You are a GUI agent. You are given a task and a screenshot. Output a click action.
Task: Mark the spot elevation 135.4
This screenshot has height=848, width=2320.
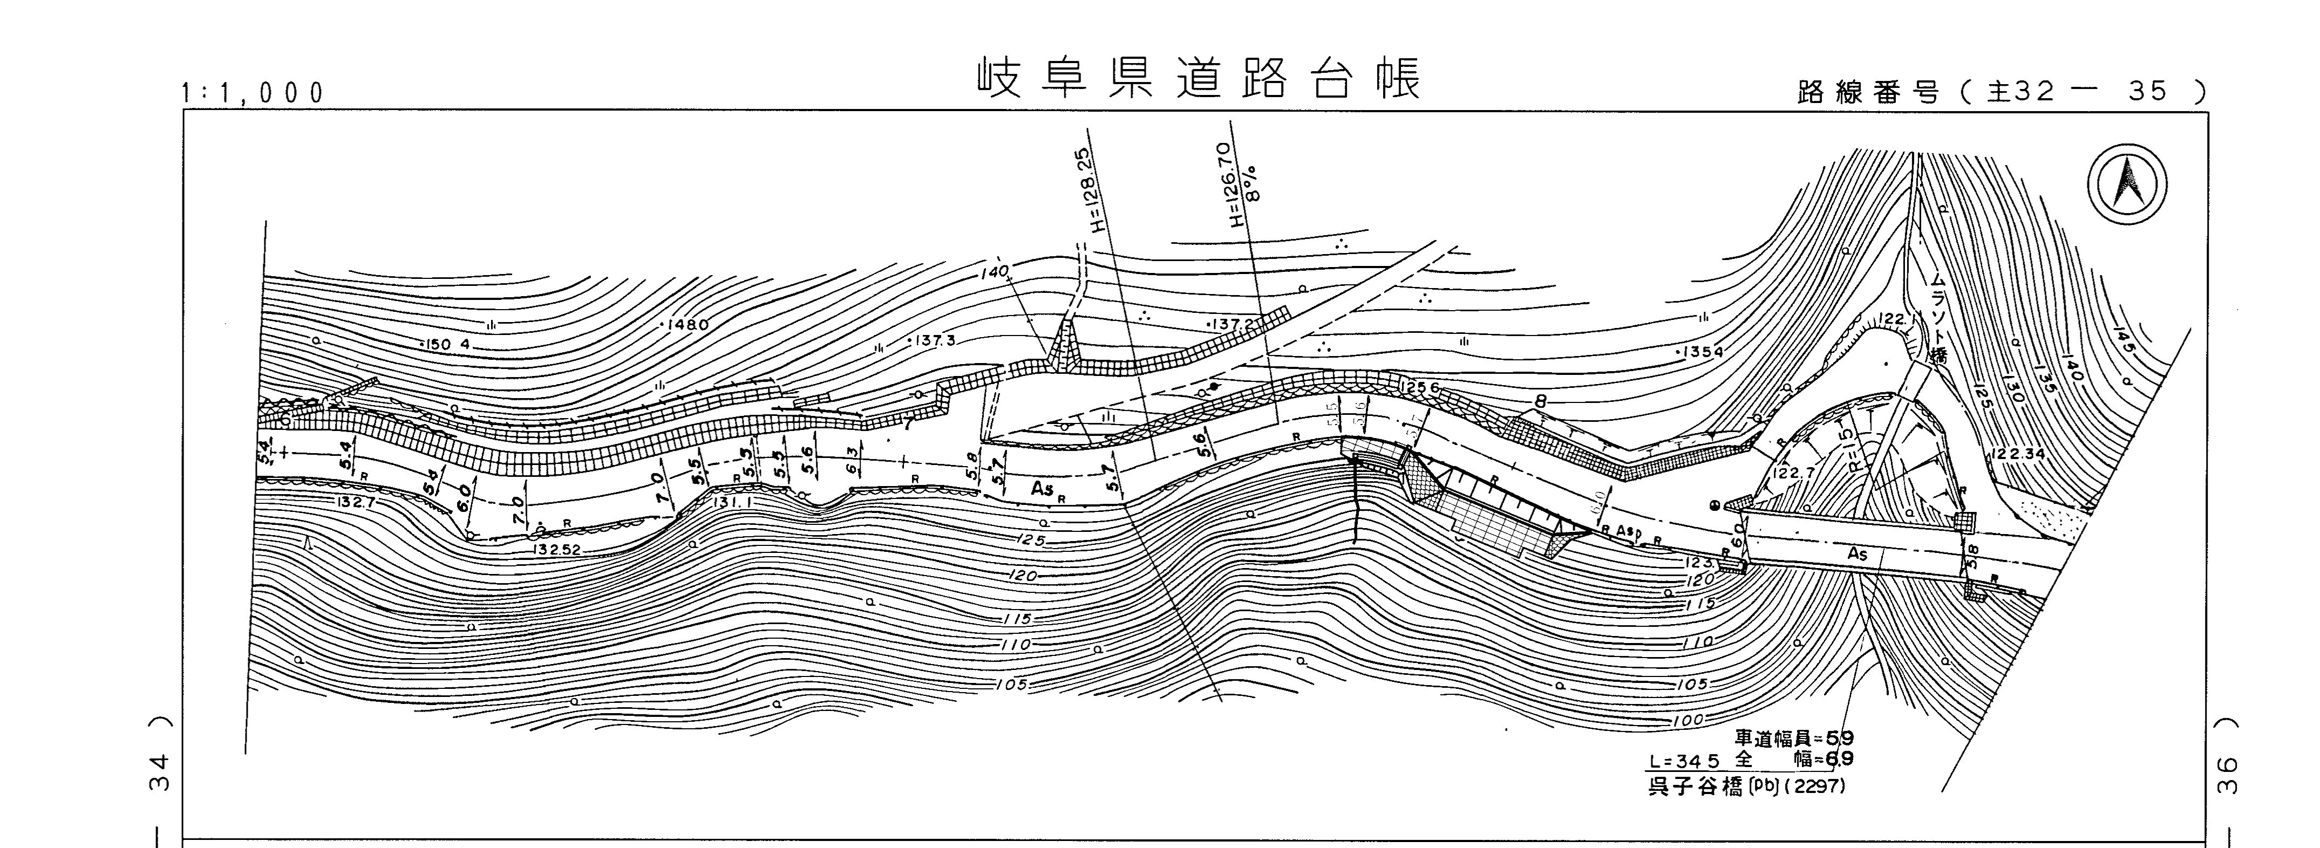(x=1698, y=351)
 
